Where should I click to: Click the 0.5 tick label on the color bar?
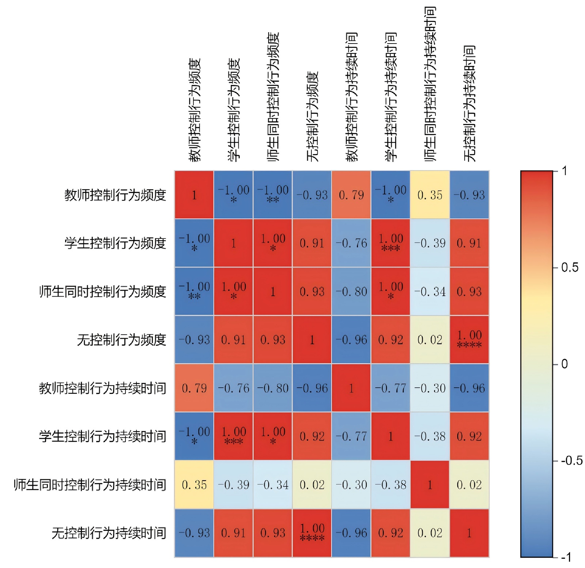coord(570,267)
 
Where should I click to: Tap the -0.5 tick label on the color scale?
coord(572,460)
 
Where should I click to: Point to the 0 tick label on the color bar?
coord(565,364)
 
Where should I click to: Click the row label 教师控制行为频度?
coord(115,195)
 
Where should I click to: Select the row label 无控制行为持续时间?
coord(109,533)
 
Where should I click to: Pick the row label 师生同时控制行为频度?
coord(102,291)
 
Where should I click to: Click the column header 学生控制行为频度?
coord(234,110)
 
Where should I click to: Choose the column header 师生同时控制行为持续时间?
coord(430,84)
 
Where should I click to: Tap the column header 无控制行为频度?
coord(312,116)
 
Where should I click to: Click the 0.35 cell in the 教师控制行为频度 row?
coord(430,195)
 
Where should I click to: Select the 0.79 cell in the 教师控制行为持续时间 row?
coord(194,388)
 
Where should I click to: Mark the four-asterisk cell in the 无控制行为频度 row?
coord(469,340)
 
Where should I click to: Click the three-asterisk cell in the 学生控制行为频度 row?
coord(390,243)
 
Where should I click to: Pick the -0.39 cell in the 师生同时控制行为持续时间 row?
coord(234,485)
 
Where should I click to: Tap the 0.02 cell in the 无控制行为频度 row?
coord(430,340)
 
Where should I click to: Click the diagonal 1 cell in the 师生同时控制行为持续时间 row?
coord(430,485)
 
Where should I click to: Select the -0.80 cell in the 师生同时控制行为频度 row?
coord(351,291)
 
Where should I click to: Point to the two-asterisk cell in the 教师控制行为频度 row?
coord(273,195)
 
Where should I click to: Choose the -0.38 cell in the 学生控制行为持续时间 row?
coord(430,436)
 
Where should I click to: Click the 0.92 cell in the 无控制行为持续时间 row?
coord(390,533)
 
